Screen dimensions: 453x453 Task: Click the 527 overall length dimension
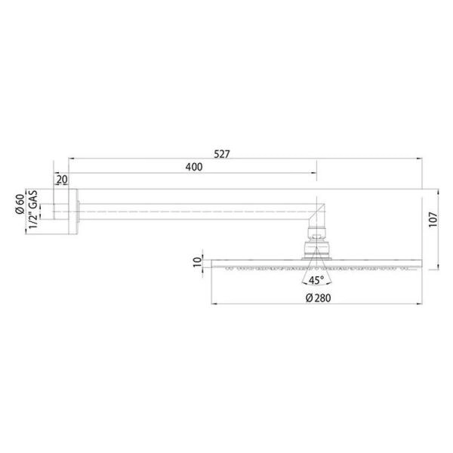pyautogui.click(x=222, y=153)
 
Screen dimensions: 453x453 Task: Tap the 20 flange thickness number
pyautogui.click(x=62, y=180)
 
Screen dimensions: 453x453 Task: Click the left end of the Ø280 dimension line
pyautogui.click(x=213, y=305)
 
